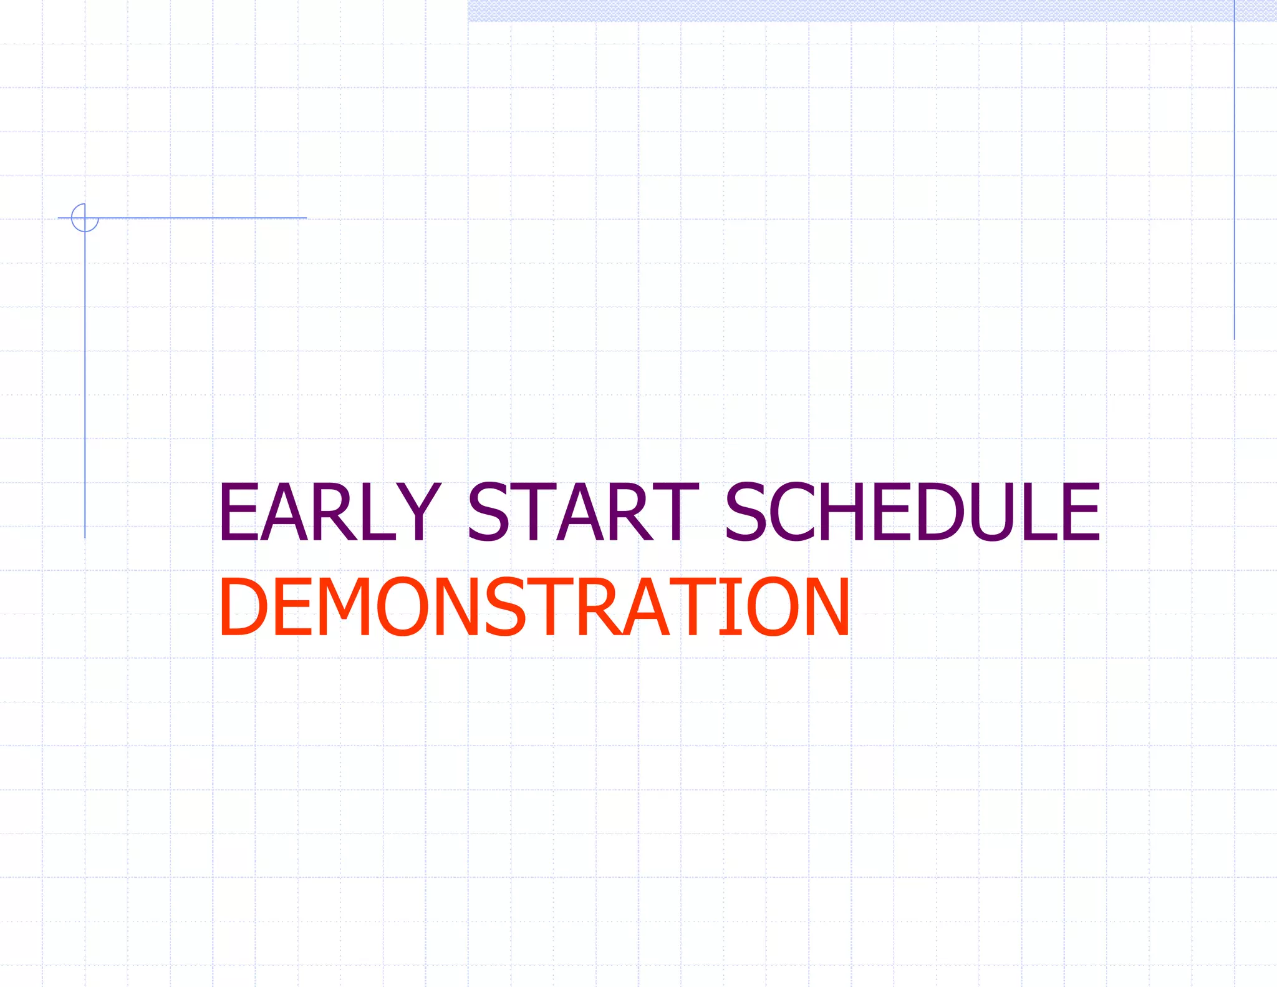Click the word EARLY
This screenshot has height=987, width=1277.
329,512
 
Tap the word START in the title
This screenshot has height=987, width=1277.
582,512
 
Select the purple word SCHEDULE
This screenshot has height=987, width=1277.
912,512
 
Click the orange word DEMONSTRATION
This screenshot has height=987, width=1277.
534,606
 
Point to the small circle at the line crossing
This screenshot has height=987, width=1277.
85,218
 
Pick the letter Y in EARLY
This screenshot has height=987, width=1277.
418,512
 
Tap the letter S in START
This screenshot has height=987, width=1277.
489,512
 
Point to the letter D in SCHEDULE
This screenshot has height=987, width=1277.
941,512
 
